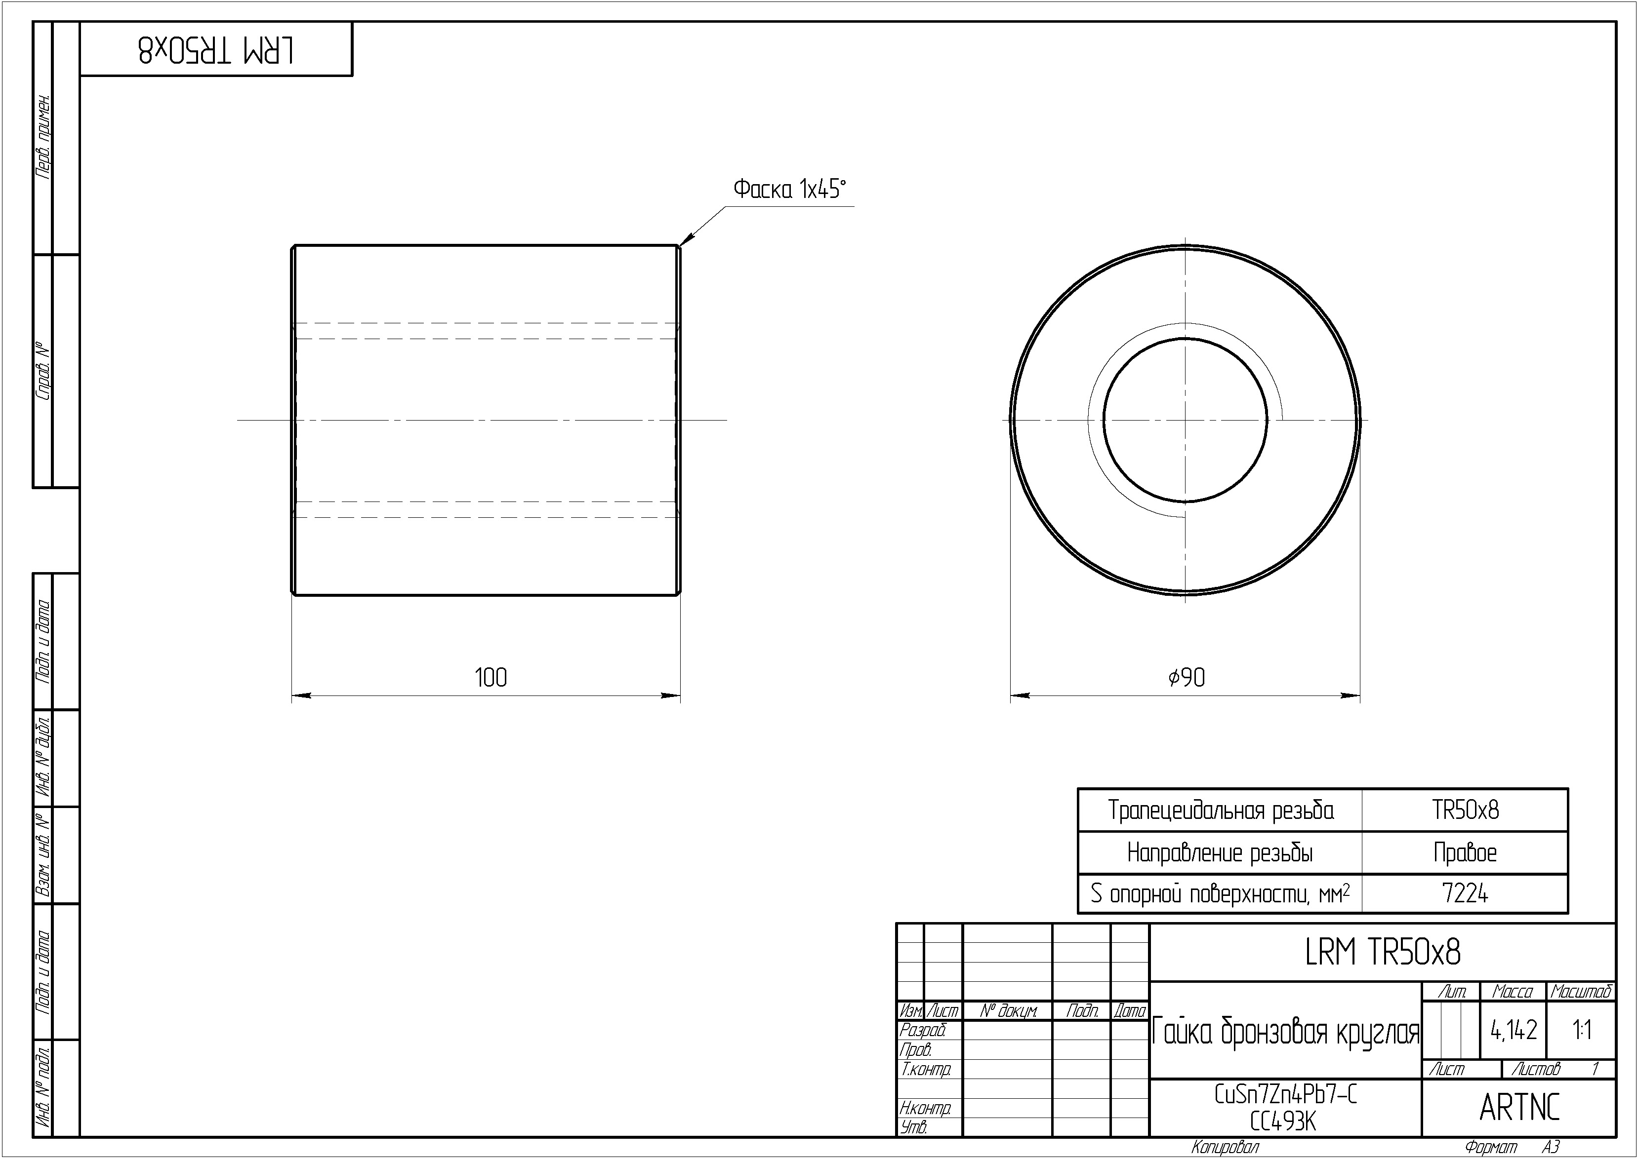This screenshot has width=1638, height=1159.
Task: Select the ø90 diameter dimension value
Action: coord(1186,677)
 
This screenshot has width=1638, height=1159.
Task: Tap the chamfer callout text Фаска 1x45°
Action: coord(790,189)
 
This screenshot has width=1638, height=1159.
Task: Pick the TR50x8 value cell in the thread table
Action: coord(1465,810)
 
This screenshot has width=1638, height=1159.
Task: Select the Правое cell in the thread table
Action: coord(1465,852)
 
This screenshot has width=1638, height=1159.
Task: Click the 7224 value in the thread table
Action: coord(1465,893)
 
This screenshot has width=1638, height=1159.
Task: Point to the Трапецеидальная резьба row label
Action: coord(1220,811)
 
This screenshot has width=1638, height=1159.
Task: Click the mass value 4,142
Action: coord(1513,1030)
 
